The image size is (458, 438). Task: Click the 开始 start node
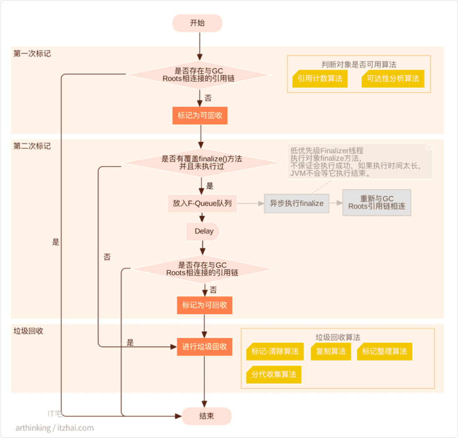coord(197,23)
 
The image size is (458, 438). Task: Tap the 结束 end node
coord(206,416)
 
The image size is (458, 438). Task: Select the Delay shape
coord(203,231)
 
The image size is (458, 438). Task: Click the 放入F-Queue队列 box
coord(202,203)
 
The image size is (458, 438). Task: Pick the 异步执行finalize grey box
coord(296,203)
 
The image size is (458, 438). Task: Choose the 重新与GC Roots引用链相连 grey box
coord(376,203)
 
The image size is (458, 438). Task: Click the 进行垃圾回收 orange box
coord(205,346)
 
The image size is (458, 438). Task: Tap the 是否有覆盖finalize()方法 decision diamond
coord(202,163)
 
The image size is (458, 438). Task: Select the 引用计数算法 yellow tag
coord(320,79)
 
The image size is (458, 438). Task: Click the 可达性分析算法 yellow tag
coord(393,79)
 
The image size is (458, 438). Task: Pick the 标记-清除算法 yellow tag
coord(274,351)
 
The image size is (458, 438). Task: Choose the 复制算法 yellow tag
coord(331,351)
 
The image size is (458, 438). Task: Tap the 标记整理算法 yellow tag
coord(384,351)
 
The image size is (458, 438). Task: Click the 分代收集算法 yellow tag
coord(274,374)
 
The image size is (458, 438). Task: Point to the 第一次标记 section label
coord(32,53)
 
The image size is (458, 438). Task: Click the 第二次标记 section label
coord(32,146)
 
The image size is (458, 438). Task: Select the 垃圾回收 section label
coord(28,331)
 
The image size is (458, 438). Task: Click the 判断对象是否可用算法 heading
coord(359,64)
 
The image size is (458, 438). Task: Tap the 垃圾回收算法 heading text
coord(338,337)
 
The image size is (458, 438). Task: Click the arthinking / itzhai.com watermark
coord(55,428)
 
